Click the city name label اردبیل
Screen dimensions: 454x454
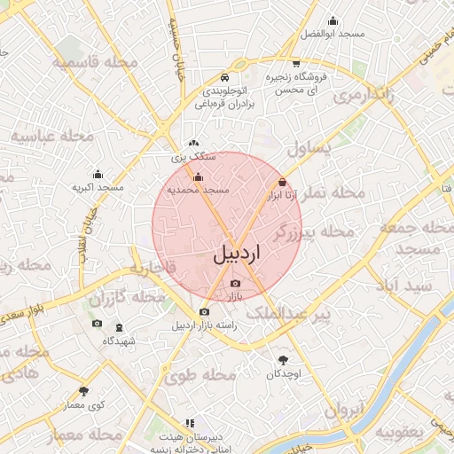[x=239, y=254]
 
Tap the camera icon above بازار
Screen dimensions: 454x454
[x=234, y=283]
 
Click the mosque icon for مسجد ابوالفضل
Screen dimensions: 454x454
[x=333, y=20]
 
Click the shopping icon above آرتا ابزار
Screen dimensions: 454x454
[x=282, y=181]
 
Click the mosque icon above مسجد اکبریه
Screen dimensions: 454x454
[x=98, y=175]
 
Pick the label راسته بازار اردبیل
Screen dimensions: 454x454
[x=205, y=325]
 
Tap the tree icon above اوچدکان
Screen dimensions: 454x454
[x=283, y=360]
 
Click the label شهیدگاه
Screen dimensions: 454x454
[x=119, y=341]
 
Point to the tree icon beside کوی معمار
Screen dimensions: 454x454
[x=84, y=391]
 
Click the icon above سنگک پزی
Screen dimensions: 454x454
[x=194, y=143]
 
